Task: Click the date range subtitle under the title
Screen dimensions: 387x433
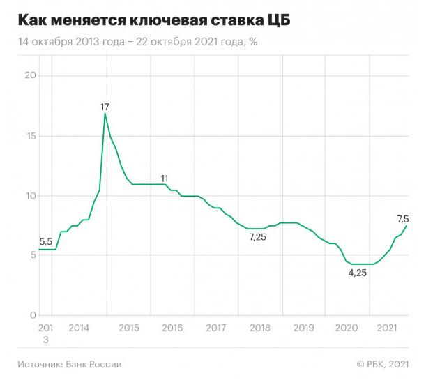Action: [x=138, y=42]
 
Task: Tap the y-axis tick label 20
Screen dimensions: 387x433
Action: [x=29, y=76]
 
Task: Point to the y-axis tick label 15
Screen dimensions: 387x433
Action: [x=29, y=136]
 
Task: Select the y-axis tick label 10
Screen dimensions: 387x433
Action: [x=29, y=196]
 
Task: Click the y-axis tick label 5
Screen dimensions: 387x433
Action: [x=31, y=256]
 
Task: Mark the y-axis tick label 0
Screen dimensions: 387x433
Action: [x=31, y=316]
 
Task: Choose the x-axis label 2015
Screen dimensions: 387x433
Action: [x=128, y=328]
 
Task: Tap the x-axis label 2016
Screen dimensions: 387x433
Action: [x=172, y=328]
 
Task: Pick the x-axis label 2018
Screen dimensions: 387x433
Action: [x=259, y=328]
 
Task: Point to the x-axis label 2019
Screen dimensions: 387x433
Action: [x=303, y=328]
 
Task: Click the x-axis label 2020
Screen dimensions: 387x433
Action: [x=347, y=328]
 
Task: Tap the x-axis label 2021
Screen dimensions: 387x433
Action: [x=388, y=328]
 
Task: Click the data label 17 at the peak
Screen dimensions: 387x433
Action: [x=105, y=107]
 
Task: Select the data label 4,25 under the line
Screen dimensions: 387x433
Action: [x=358, y=273]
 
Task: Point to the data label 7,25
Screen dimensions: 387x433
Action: [x=258, y=238]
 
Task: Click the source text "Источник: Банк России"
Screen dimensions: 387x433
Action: [x=70, y=364]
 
